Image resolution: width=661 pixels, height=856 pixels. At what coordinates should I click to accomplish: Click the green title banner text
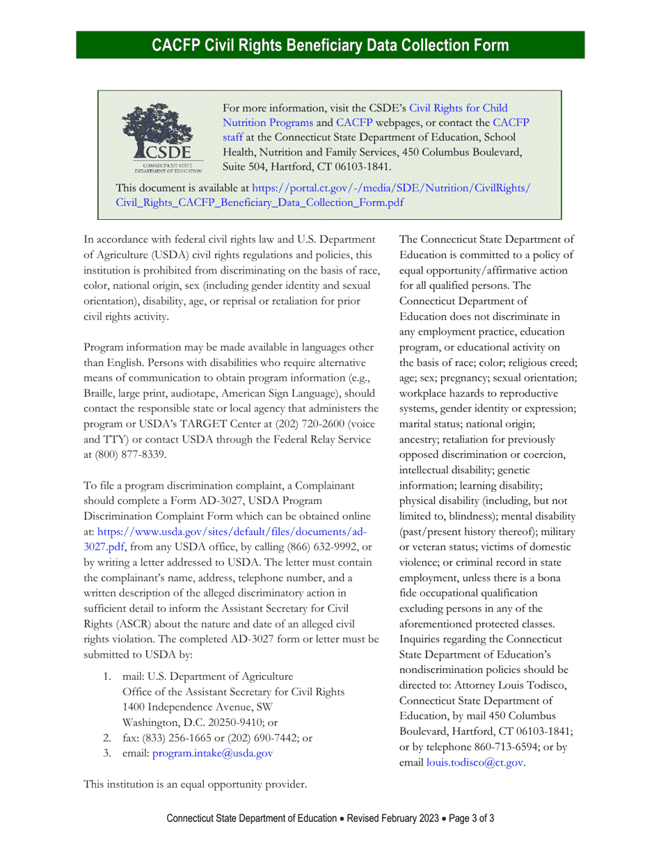330,45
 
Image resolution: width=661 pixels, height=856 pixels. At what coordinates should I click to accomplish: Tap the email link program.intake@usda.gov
212,753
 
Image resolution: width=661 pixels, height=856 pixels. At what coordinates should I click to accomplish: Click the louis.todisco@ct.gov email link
475,763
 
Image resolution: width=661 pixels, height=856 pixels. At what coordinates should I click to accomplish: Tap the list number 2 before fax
107,738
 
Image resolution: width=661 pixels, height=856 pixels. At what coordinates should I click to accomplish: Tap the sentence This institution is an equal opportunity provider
196,784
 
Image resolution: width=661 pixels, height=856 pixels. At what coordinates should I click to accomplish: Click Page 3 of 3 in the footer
472,818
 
